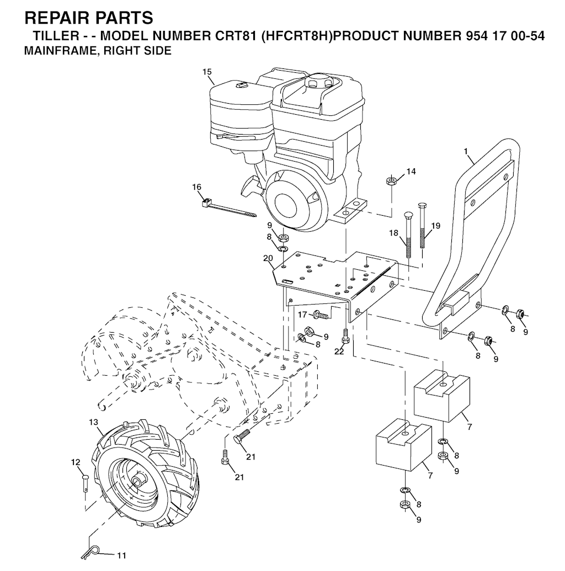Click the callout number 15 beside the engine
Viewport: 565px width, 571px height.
pyautogui.click(x=207, y=72)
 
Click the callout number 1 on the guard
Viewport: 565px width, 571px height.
pyautogui.click(x=465, y=151)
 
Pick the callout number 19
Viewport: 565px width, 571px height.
pyautogui.click(x=436, y=226)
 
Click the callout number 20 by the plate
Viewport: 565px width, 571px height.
pyautogui.click(x=268, y=258)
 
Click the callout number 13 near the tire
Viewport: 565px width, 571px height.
pyautogui.click(x=94, y=422)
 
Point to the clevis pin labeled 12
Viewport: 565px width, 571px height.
pyautogui.click(x=84, y=482)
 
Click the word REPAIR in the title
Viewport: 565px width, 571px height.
pyautogui.click(x=52, y=18)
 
